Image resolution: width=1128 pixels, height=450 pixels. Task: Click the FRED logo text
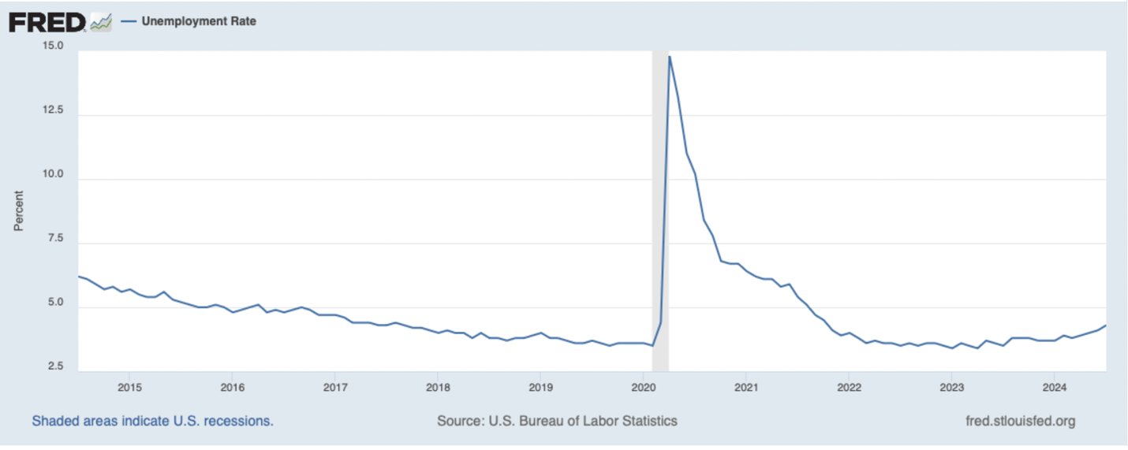tap(47, 22)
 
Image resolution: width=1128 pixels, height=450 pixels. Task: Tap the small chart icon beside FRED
tap(101, 22)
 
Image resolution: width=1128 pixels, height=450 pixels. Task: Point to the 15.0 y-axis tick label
tap(53, 46)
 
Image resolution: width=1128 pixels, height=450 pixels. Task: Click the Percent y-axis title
tap(18, 210)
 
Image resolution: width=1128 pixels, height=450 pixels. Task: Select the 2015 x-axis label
tap(129, 387)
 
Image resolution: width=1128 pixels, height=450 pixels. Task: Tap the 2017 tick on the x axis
tap(335, 387)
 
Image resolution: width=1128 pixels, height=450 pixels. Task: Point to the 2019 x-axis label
tap(540, 387)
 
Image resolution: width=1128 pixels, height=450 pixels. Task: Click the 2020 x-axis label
tap(644, 387)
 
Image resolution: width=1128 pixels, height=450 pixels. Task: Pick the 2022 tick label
tap(849, 387)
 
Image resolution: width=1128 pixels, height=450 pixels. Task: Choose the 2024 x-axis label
tap(1055, 387)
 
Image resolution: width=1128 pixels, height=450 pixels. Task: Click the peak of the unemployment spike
tap(670, 56)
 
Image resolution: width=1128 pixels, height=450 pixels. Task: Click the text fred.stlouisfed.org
tap(1020, 421)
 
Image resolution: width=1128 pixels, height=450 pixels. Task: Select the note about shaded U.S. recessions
tap(152, 421)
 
